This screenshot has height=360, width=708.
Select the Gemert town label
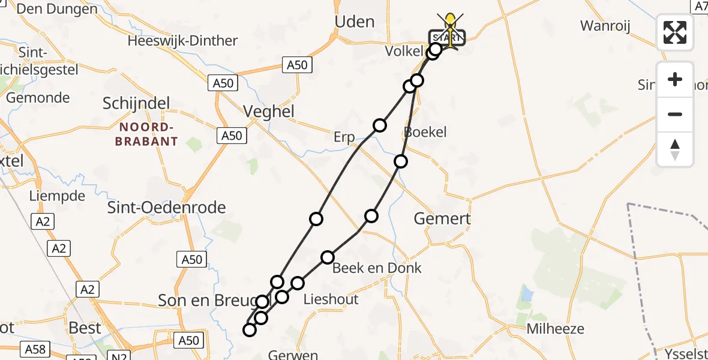(442, 219)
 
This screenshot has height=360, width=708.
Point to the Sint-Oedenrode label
(166, 208)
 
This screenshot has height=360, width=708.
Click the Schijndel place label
(136, 103)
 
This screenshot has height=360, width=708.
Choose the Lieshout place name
(331, 299)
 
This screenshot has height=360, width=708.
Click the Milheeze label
(555, 329)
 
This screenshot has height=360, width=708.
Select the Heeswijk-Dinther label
(182, 41)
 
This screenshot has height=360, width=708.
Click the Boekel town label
(425, 132)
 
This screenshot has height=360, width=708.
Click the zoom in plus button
(675, 80)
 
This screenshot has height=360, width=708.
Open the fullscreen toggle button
(675, 32)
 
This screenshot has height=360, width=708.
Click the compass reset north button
(675, 149)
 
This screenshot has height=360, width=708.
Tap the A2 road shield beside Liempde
(42, 223)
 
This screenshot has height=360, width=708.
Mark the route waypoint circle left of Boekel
(379, 125)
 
